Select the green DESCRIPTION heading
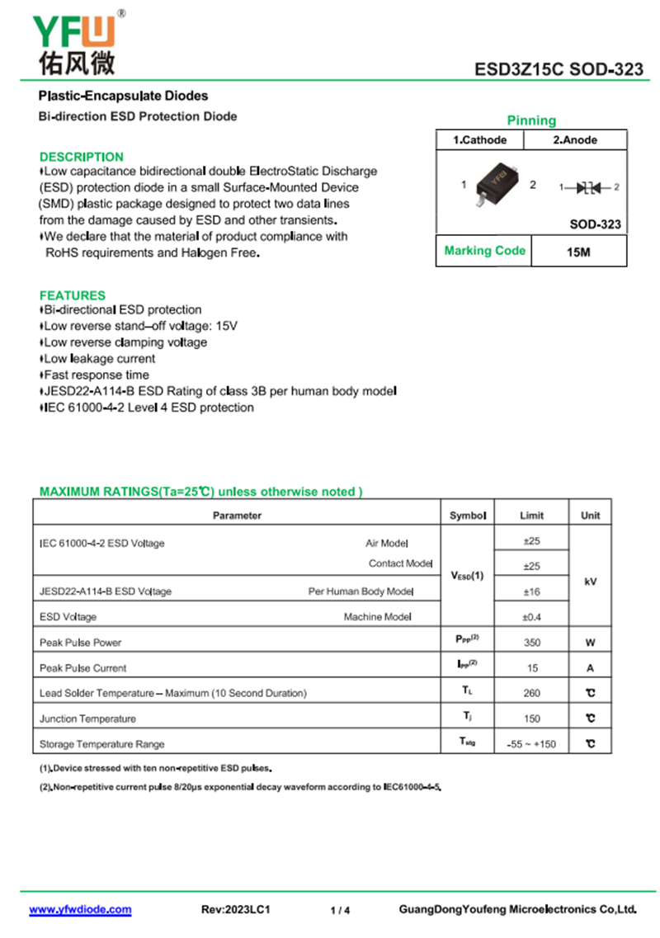pyautogui.click(x=82, y=157)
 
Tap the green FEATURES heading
pyautogui.click(x=73, y=295)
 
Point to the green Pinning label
pyautogui.click(x=531, y=120)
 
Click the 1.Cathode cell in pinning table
pyautogui.click(x=480, y=140)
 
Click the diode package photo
pyautogui.click(x=497, y=184)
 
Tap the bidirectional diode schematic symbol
pyautogui.click(x=589, y=187)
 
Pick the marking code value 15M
pyautogui.click(x=578, y=252)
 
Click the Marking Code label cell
pyautogui.click(x=484, y=251)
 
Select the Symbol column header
pyautogui.click(x=468, y=516)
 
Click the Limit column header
pyautogui.click(x=532, y=516)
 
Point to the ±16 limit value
pyautogui.click(x=532, y=592)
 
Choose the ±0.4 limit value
pyautogui.click(x=532, y=617)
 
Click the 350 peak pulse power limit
pyautogui.click(x=532, y=643)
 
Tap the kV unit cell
pyautogui.click(x=591, y=582)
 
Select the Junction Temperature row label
pyautogui.click(x=88, y=719)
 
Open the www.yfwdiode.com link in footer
pyautogui.click(x=80, y=910)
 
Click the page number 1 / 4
pyautogui.click(x=340, y=911)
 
